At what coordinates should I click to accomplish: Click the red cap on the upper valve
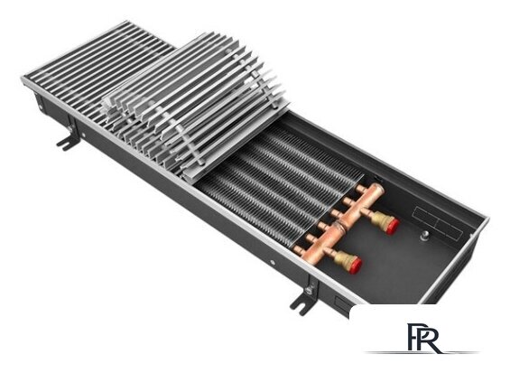point(393,227)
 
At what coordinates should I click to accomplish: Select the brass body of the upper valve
point(381,219)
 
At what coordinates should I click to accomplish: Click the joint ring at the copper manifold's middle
point(339,225)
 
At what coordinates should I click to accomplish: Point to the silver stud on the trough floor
point(424,237)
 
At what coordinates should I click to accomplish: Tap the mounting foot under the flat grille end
point(69,140)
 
